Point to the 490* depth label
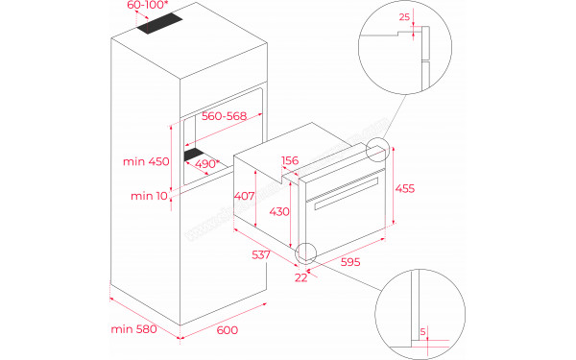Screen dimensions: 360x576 pyautogui.click(x=204, y=164)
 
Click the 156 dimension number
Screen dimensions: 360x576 pyautogui.click(x=290, y=161)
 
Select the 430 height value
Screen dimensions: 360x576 pyautogui.click(x=279, y=212)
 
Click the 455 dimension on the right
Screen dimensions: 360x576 pyautogui.click(x=407, y=189)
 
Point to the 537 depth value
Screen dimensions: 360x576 pyautogui.click(x=259, y=256)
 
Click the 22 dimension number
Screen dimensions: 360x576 pyautogui.click(x=302, y=278)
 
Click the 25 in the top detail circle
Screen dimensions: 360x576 pyautogui.click(x=403, y=16)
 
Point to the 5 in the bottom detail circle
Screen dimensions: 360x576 pyautogui.click(x=421, y=333)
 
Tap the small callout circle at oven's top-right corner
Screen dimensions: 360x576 pyautogui.click(x=378, y=150)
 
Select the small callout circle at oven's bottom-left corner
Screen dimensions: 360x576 pyautogui.click(x=307, y=253)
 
